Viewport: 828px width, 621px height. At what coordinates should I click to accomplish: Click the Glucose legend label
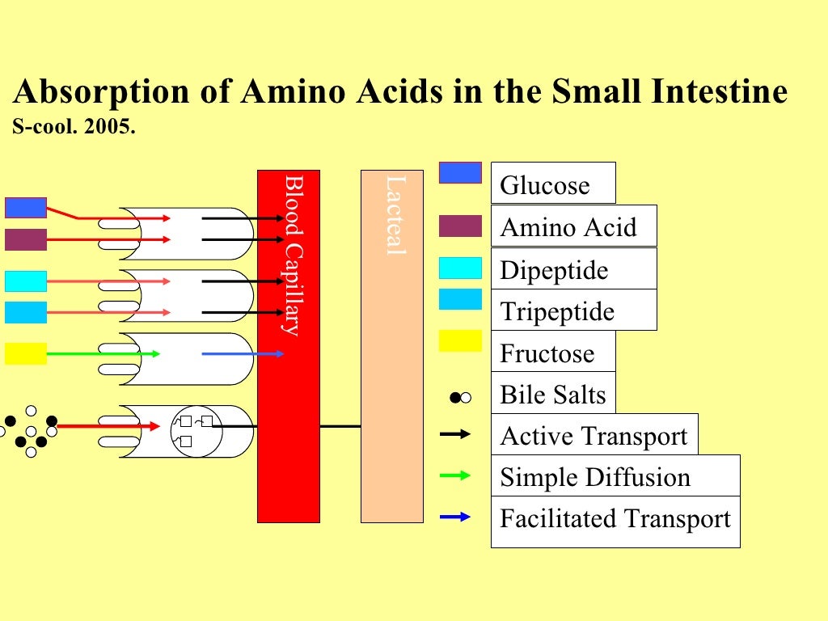click(x=544, y=186)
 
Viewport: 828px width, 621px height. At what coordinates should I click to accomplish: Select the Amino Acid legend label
click(x=568, y=228)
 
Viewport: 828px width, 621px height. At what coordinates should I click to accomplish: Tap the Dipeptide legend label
click(x=554, y=270)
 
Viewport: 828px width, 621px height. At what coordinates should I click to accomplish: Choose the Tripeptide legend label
click(x=557, y=311)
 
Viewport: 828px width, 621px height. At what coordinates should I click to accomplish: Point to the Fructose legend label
click(x=547, y=353)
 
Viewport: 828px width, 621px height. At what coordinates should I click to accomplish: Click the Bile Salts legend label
click(x=553, y=395)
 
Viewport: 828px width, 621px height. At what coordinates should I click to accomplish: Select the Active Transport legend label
click(x=594, y=437)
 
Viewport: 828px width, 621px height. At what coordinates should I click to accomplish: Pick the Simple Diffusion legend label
click(x=595, y=478)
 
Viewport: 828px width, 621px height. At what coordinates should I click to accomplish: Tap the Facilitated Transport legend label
click(x=615, y=518)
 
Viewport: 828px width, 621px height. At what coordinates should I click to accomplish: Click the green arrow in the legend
click(x=454, y=476)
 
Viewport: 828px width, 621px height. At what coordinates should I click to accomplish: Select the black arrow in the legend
click(x=454, y=435)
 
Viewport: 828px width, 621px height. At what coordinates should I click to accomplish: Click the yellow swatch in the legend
click(x=460, y=340)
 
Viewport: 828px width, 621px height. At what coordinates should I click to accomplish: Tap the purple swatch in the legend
click(x=460, y=226)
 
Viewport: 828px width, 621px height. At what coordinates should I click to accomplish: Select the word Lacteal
click(x=394, y=216)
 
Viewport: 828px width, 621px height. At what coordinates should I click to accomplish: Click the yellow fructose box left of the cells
click(x=26, y=353)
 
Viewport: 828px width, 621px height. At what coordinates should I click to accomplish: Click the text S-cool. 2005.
click(x=71, y=128)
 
